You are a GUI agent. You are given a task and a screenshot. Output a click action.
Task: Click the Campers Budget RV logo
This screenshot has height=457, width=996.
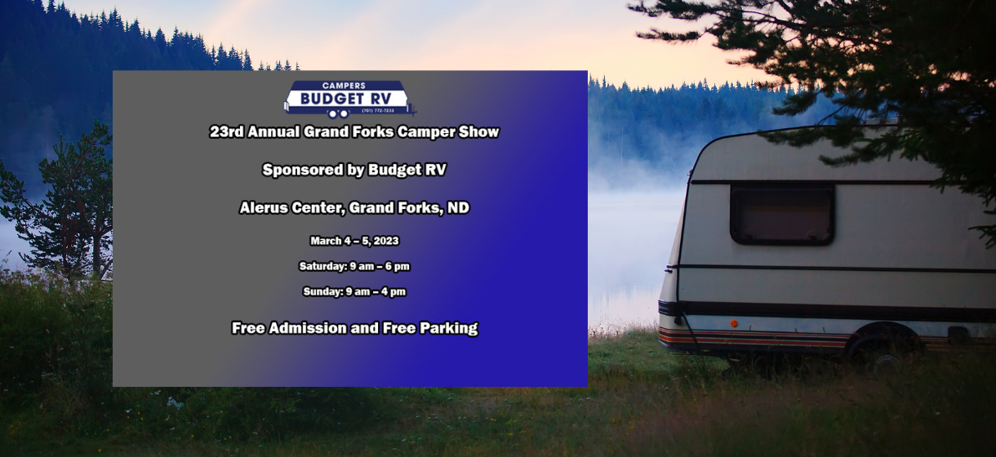(x=349, y=99)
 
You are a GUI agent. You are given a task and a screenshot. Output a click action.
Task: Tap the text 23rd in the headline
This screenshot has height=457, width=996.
(x=226, y=131)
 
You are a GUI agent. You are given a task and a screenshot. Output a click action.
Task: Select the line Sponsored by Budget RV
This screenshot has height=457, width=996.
(x=354, y=170)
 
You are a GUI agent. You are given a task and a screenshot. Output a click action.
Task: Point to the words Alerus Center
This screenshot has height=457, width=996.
(x=290, y=208)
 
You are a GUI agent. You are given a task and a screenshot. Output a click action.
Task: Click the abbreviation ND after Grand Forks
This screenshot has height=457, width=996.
(x=458, y=208)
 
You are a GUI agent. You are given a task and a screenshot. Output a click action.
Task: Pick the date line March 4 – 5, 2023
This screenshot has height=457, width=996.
(x=354, y=241)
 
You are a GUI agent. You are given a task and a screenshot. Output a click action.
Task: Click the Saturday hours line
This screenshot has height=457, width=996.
(x=354, y=266)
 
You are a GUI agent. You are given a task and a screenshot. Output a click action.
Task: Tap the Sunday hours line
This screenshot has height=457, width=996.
(x=354, y=291)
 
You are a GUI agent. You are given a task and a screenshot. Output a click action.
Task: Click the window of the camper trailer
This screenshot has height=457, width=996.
(x=782, y=214)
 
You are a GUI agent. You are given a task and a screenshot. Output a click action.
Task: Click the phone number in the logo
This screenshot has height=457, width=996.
(x=378, y=110)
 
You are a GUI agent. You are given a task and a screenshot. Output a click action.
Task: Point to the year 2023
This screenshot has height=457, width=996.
(x=385, y=241)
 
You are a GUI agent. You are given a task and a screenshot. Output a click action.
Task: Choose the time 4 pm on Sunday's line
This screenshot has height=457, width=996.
(x=393, y=291)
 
